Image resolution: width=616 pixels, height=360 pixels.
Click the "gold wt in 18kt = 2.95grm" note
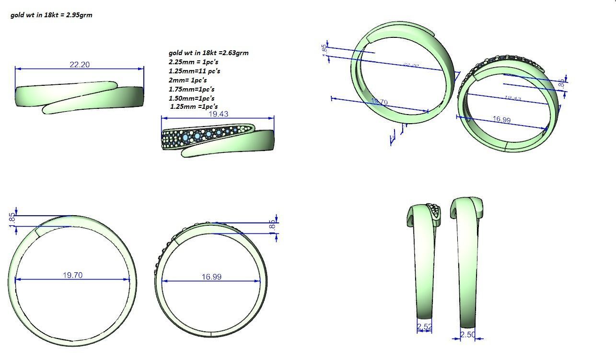(x=51, y=15)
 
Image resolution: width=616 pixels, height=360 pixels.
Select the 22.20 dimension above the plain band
(x=80, y=65)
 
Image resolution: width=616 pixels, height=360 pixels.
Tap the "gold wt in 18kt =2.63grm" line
(x=209, y=53)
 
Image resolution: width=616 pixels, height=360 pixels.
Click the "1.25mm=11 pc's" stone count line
(x=195, y=71)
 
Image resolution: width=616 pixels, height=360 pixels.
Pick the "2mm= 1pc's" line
(x=188, y=80)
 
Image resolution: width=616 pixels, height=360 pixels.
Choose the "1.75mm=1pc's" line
(x=192, y=89)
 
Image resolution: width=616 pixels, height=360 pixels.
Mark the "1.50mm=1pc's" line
(x=192, y=98)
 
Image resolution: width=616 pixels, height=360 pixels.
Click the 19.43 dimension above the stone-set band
(x=218, y=114)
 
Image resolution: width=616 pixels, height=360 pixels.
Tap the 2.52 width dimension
(x=424, y=327)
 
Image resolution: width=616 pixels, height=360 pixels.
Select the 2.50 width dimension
(x=467, y=335)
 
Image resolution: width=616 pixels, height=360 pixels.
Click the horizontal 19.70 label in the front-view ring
(x=72, y=275)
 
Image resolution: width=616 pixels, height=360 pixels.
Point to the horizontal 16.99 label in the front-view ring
(x=211, y=277)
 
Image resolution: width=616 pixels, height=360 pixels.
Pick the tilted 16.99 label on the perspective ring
(x=501, y=119)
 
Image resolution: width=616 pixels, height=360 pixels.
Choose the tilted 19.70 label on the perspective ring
(x=379, y=102)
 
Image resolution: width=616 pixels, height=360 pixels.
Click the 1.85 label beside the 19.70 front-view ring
(x=12, y=219)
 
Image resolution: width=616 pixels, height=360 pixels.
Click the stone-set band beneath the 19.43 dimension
(x=218, y=139)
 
